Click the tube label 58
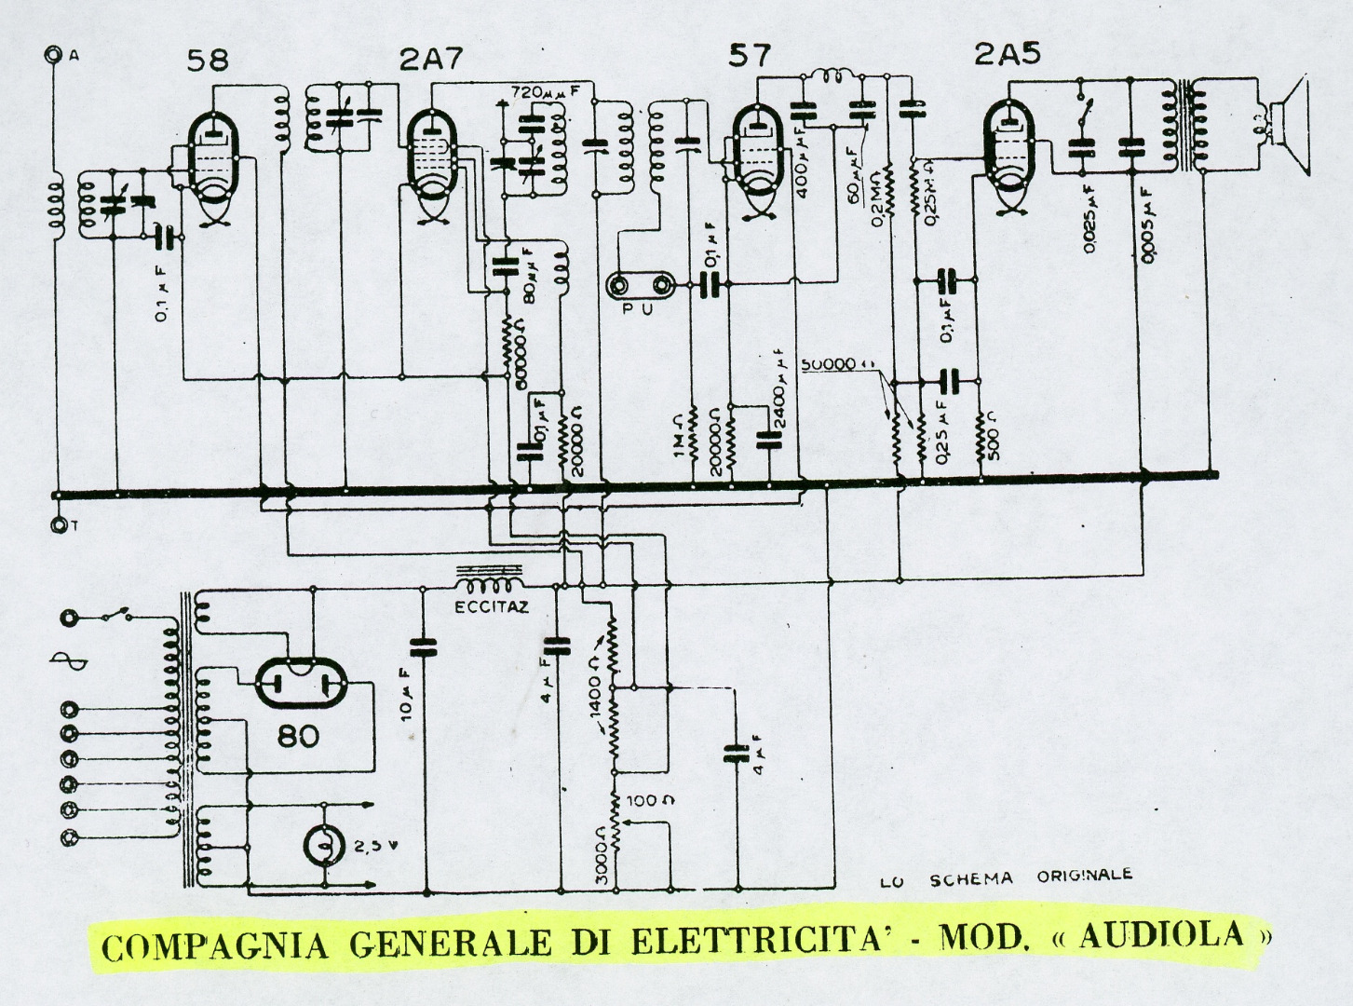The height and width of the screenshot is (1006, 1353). (x=207, y=61)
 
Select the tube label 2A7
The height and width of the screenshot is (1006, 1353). (x=431, y=60)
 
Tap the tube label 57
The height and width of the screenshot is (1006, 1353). (x=750, y=56)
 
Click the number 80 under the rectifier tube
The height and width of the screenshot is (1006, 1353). (x=298, y=737)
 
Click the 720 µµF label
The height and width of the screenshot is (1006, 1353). (x=547, y=93)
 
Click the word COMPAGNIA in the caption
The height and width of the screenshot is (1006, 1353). (x=215, y=945)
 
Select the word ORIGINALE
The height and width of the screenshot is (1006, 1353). (x=1084, y=876)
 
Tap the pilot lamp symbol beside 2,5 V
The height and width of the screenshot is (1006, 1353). (x=322, y=846)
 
